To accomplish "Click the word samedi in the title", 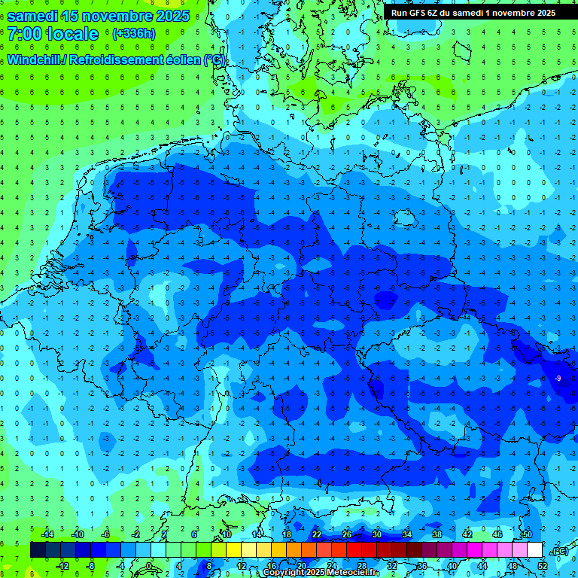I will (x=29, y=16).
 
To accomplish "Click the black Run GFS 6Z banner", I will (x=473, y=12).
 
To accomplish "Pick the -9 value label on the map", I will (x=558, y=378).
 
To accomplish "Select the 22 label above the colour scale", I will (x=317, y=534).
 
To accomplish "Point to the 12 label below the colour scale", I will (x=242, y=566).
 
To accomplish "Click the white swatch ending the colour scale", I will (x=534, y=550).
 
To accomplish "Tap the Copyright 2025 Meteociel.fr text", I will (x=319, y=573).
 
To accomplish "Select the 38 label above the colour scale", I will (x=437, y=534).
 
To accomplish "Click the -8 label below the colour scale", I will (x=91, y=566).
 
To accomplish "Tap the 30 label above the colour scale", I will (x=377, y=534).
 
